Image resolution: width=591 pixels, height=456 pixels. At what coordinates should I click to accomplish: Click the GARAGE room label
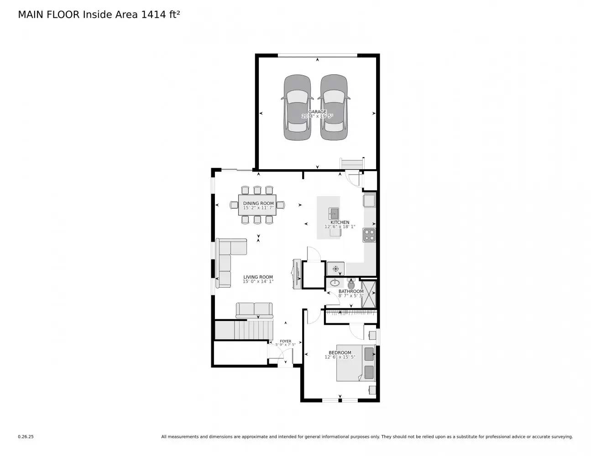click(x=317, y=112)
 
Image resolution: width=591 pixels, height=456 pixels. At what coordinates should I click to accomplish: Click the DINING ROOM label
click(x=258, y=203)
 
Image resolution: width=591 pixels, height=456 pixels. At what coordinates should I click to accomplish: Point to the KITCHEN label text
click(x=340, y=223)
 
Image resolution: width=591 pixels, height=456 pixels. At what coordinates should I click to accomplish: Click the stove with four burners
click(x=369, y=235)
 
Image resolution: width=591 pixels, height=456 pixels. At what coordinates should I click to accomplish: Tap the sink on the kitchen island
click(x=334, y=213)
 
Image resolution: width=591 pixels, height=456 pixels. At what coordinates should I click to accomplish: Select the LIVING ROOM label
click(x=258, y=277)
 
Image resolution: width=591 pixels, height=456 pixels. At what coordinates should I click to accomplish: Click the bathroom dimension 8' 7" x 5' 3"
click(x=351, y=295)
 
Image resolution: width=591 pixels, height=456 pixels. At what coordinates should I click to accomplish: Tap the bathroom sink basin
click(x=335, y=283)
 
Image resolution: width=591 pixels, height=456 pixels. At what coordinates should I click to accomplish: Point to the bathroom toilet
click(x=351, y=282)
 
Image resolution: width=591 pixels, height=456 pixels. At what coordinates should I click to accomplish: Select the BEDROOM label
click(x=340, y=352)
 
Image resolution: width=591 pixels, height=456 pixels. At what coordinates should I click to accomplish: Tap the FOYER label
click(x=285, y=341)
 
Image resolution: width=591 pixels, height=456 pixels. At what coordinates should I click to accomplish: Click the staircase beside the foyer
click(x=244, y=330)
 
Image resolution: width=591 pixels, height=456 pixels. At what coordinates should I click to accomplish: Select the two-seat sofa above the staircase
click(x=254, y=310)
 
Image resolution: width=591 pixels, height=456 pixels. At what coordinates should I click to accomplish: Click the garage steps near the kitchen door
click(x=352, y=163)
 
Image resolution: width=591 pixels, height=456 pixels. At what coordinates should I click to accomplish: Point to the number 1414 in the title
click(x=154, y=15)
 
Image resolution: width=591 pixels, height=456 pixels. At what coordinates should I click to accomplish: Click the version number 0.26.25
click(x=26, y=436)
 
